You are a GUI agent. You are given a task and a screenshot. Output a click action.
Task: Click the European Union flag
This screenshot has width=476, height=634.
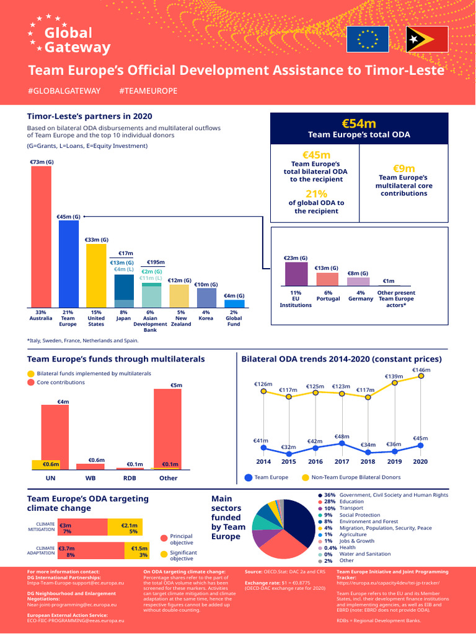pyautogui.click(x=367, y=40)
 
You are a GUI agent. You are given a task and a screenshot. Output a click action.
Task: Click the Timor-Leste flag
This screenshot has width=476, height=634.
pyautogui.click(x=427, y=40)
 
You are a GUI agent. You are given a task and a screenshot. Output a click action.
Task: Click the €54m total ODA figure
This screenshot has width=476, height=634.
pyautogui.click(x=359, y=123)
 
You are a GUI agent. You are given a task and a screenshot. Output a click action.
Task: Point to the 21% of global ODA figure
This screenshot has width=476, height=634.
pyautogui.click(x=316, y=194)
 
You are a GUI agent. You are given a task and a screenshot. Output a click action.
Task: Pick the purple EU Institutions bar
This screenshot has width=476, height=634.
pyautogui.click(x=296, y=274)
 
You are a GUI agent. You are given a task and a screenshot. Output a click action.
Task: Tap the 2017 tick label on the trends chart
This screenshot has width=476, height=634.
pyautogui.click(x=341, y=461)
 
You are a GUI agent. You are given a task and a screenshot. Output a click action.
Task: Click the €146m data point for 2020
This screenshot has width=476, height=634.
pyautogui.click(x=421, y=376)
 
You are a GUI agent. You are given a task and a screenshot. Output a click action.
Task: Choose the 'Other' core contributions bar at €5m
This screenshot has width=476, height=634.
pyautogui.click(x=167, y=428)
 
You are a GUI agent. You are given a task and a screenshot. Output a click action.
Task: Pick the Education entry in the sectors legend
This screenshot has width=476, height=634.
pyautogui.click(x=351, y=502)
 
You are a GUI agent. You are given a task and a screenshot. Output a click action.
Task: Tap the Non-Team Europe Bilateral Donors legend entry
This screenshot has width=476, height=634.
pyautogui.click(x=351, y=477)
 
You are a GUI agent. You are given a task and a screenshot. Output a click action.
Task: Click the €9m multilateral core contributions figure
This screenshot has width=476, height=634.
pyautogui.click(x=403, y=168)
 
